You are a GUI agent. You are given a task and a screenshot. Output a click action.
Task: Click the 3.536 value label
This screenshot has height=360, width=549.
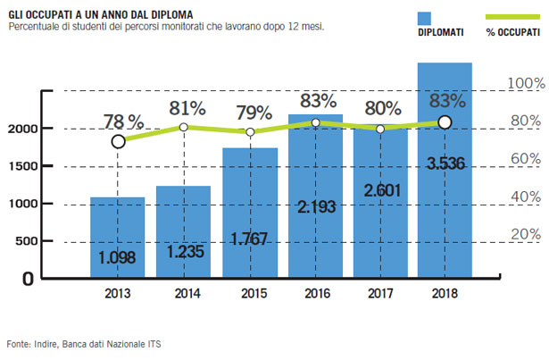coord(445,163)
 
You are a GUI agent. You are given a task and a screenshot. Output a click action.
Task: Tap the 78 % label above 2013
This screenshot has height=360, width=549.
coord(122,121)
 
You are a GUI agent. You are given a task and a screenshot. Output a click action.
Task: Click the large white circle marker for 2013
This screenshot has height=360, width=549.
coord(119,141)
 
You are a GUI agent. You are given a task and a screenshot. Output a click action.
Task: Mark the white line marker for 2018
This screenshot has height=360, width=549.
coord(445,122)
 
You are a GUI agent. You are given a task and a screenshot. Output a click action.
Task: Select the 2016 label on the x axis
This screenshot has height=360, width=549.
coord(316,291)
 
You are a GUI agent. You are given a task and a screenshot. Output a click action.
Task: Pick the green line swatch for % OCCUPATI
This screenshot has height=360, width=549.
coord(507,17)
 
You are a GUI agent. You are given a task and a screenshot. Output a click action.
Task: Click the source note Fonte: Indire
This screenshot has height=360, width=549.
coord(85,343)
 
